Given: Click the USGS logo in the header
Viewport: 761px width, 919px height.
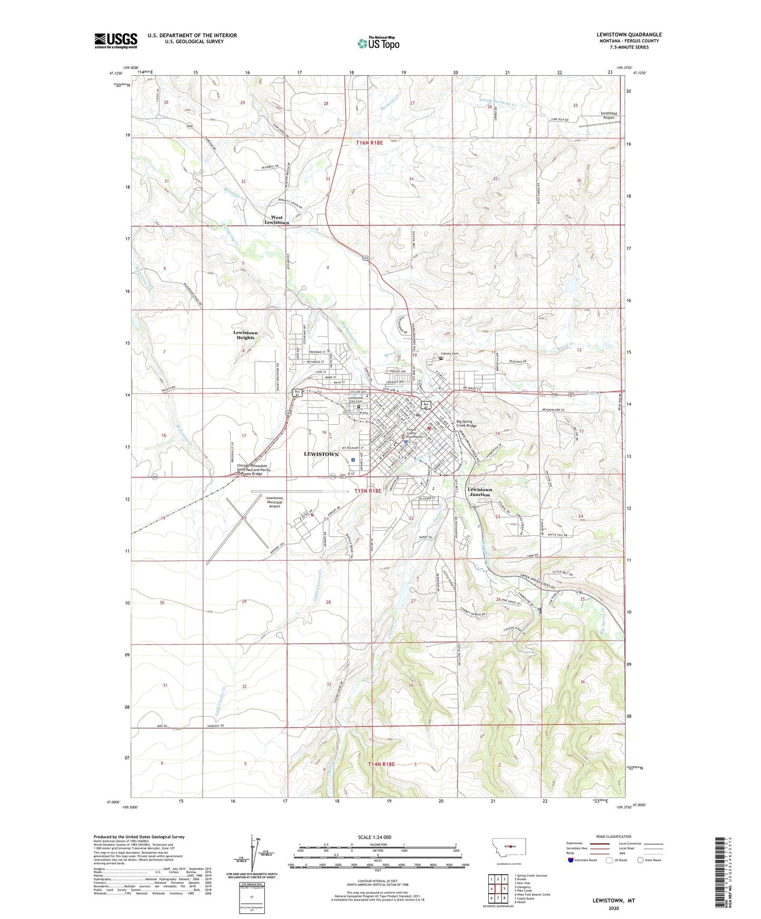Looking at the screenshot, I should coord(116,41).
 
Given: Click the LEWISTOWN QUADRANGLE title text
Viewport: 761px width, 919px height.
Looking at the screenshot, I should coord(626,35).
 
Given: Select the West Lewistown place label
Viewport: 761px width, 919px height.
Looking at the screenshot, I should coord(276,220).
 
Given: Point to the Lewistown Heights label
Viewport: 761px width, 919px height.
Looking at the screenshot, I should coord(245,335).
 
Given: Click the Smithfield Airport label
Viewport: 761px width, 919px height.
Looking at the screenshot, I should coord(600,116).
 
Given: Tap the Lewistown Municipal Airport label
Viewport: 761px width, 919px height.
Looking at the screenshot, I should coord(274,502).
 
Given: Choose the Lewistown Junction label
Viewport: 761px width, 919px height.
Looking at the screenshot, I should coord(480,492).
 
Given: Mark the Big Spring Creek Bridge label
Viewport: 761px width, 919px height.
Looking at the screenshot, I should coord(464,424).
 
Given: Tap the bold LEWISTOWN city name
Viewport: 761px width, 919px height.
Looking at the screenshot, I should coord(321,454).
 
